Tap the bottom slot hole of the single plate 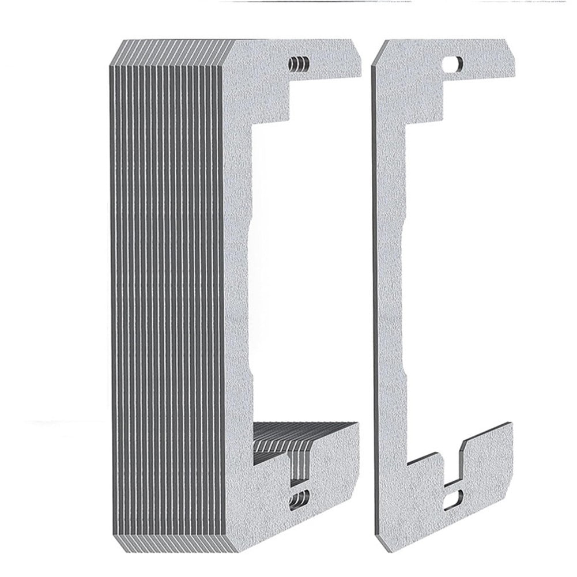click(455, 497)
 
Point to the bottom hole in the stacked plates click(300, 499)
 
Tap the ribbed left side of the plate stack click(167, 288)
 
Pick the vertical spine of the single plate click(392, 288)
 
